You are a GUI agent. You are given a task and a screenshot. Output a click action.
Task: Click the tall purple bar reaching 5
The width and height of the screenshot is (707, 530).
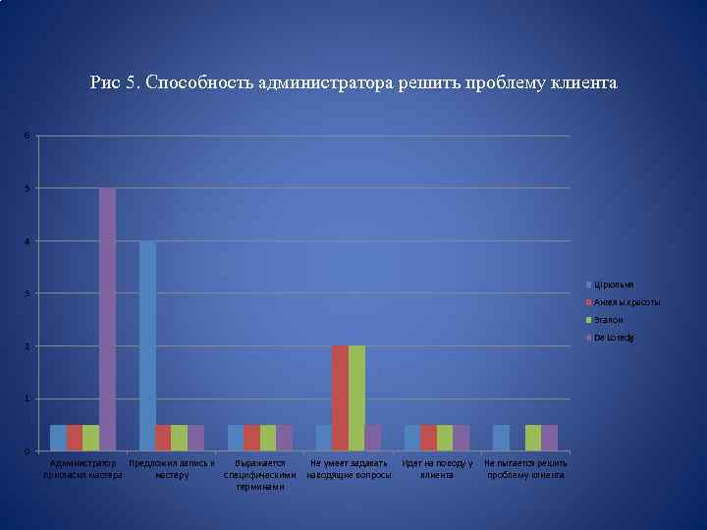coord(107,319)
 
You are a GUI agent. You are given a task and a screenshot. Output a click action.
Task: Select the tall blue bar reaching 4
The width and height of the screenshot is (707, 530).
coord(147,345)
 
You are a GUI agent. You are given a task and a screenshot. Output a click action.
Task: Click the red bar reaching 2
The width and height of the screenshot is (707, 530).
coord(340,397)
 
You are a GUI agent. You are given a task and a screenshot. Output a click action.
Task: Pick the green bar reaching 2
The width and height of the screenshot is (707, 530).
coord(356,397)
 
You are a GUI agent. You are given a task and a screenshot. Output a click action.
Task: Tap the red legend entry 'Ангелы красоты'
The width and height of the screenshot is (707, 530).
coord(626,302)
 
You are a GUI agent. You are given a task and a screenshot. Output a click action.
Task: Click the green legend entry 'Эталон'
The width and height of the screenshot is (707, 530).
coord(608,320)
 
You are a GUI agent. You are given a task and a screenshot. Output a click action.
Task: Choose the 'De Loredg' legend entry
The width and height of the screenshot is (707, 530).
coord(613,338)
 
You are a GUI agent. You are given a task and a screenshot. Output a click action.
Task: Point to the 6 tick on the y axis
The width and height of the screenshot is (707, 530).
coord(27,135)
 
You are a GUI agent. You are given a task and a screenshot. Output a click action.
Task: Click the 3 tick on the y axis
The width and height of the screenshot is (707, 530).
coord(27,293)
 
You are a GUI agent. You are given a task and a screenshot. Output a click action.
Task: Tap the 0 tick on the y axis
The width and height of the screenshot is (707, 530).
coord(27,451)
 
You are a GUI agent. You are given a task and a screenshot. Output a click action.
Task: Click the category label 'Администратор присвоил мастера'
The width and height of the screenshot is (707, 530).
coord(82,469)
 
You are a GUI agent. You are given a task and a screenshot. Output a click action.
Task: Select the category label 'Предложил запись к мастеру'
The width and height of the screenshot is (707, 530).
coord(172,469)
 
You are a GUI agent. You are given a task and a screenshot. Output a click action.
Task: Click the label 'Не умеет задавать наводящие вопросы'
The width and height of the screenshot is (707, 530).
coord(349,469)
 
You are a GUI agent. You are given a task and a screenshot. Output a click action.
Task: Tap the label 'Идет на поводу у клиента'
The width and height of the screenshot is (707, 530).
coord(438,469)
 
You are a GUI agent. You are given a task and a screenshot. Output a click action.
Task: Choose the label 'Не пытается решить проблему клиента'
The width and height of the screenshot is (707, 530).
coord(525,469)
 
